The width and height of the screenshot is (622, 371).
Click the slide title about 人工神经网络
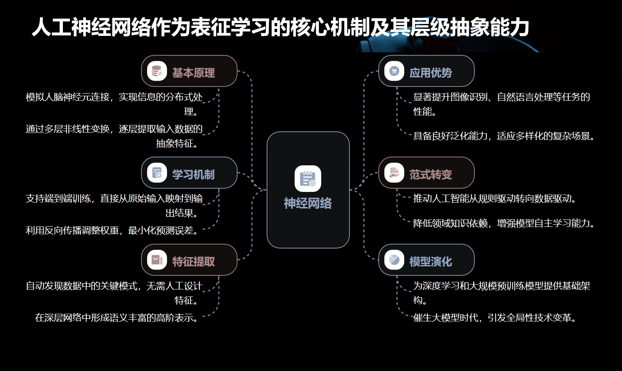click(280, 27)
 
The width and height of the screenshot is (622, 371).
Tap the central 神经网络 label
click(308, 203)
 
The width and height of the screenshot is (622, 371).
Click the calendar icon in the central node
click(308, 179)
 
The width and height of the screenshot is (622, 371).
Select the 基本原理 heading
click(194, 73)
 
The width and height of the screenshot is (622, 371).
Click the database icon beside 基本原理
click(157, 71)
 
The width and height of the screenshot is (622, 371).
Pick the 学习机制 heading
click(194, 175)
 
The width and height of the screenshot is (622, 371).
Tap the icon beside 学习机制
click(157, 173)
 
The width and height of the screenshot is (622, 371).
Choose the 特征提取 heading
click(194, 262)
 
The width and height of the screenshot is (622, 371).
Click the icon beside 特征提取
click(157, 260)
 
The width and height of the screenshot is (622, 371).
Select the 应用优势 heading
click(431, 73)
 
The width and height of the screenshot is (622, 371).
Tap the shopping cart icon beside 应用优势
click(394, 71)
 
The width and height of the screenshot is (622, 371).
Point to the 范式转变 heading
click(431, 175)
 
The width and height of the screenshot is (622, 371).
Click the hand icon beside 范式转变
click(394, 173)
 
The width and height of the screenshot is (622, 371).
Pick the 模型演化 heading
click(431, 262)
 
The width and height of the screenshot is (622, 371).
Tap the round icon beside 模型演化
click(394, 260)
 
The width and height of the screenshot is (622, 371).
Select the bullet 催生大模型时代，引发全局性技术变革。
click(494, 318)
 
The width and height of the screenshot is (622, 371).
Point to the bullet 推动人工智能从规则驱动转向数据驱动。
click(494, 198)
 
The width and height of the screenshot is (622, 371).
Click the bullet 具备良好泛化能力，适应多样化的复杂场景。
click(504, 136)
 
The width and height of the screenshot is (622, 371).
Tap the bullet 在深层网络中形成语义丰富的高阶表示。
click(116, 318)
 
